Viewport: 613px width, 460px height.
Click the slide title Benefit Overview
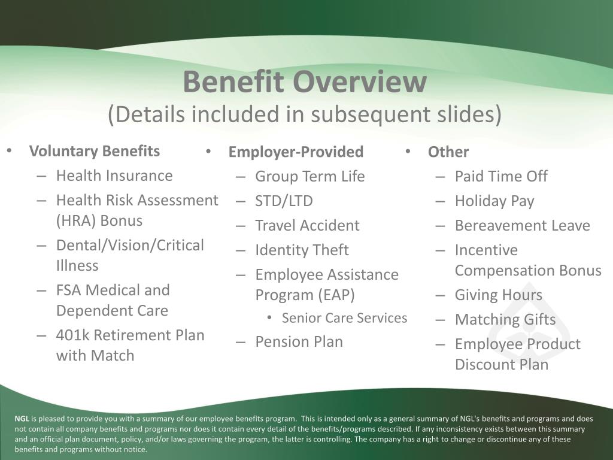[305, 81]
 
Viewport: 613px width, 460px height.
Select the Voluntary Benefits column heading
[95, 151]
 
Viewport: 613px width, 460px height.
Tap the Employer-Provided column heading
[296, 152]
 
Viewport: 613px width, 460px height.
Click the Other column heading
[448, 152]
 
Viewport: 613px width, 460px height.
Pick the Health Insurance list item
[114, 175]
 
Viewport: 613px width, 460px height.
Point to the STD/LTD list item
[284, 201]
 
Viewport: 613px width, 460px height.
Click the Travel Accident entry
[307, 225]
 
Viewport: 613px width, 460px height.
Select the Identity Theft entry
[302, 250]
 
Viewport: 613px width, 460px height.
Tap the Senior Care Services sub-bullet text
[344, 318]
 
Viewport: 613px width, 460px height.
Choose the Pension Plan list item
[299, 341]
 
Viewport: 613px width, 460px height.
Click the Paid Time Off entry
[501, 176]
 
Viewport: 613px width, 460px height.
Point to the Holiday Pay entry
[494, 201]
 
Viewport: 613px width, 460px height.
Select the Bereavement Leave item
[522, 225]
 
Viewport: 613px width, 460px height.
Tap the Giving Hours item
[499, 295]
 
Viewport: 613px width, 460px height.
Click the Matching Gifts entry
[505, 320]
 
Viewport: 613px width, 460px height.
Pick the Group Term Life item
[310, 177]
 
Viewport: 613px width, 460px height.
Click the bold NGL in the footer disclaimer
[22, 419]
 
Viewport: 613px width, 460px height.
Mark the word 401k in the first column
[73, 335]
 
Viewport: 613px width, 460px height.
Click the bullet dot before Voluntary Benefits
[10, 151]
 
